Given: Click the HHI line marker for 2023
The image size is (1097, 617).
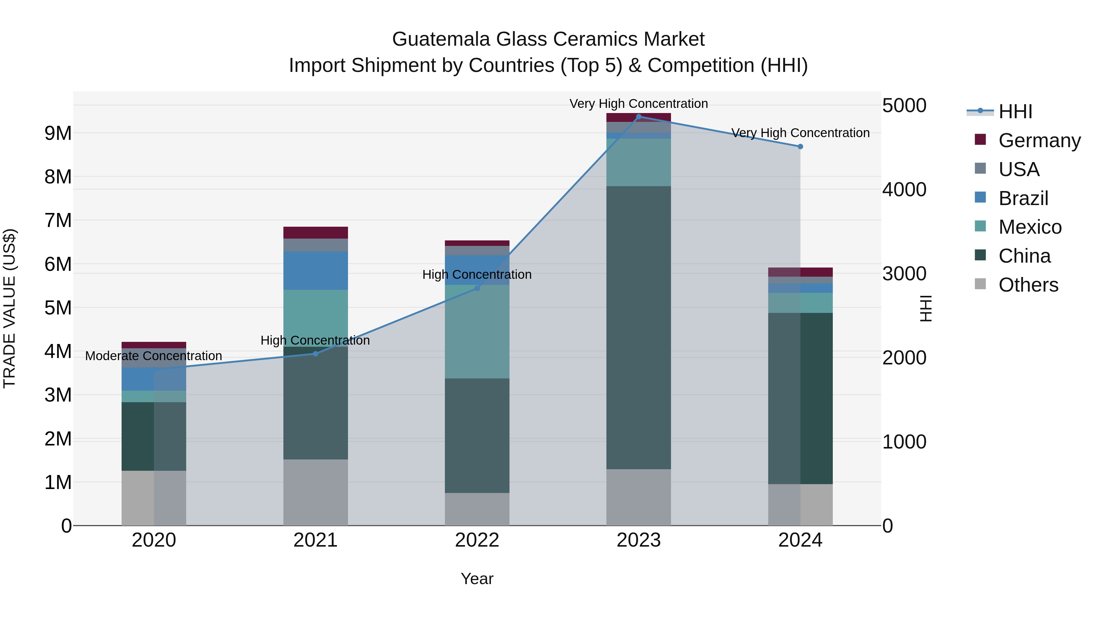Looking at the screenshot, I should tap(638, 117).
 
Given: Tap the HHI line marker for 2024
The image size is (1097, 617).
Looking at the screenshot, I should tap(800, 147).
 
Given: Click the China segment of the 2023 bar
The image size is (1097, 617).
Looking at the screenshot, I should tap(638, 328).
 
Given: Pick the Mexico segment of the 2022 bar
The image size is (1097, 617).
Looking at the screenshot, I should tap(477, 332).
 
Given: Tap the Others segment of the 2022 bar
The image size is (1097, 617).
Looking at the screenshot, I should tap(477, 509).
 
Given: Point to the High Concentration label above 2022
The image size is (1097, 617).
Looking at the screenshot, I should tap(477, 275).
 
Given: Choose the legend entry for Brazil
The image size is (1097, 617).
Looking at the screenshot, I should tap(1023, 198).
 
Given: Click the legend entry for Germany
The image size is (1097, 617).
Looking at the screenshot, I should tap(1039, 140).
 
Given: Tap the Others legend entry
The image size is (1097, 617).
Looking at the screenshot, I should tap(1028, 285).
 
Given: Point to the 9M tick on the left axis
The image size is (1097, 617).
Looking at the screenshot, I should tap(58, 133).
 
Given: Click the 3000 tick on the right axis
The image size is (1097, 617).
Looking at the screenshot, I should tap(904, 274).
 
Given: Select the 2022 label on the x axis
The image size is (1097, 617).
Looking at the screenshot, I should tap(477, 540).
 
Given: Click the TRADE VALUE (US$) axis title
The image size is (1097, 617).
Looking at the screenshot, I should tap(10, 308).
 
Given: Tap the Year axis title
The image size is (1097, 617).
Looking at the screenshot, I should tap(477, 579).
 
